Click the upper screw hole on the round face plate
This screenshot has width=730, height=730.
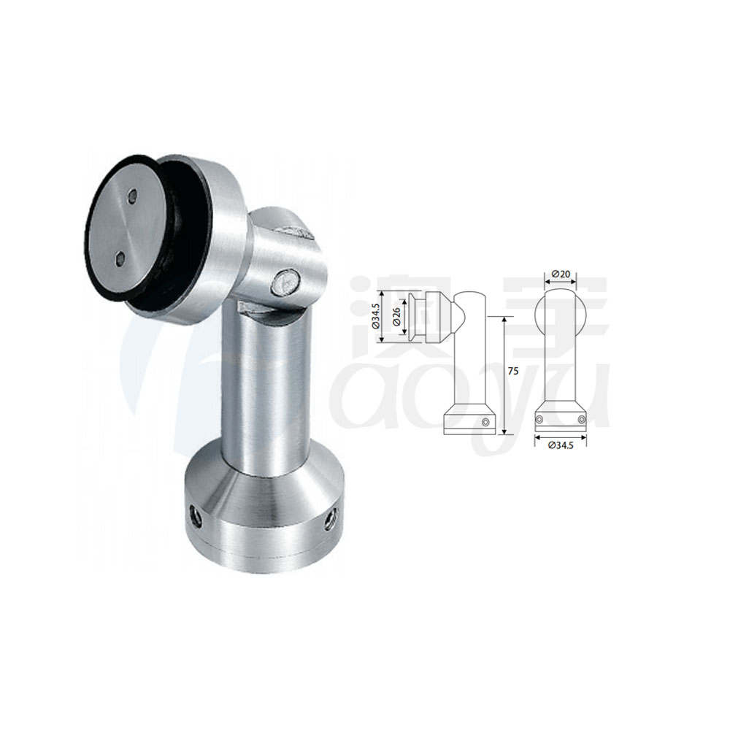pyautogui.click(x=131, y=195)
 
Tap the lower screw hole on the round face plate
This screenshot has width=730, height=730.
pyautogui.click(x=119, y=256)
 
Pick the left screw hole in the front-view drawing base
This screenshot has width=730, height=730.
pyautogui.click(x=540, y=419)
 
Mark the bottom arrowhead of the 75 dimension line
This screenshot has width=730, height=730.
pyautogui.click(x=504, y=433)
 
